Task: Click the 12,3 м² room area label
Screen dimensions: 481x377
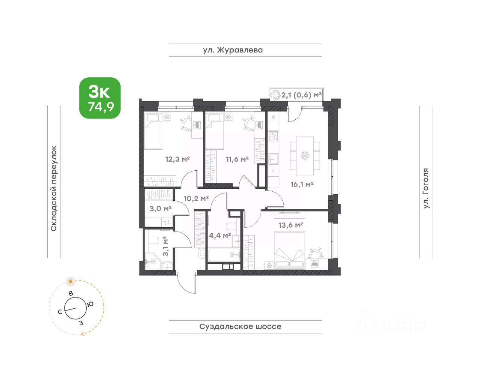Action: [177, 159]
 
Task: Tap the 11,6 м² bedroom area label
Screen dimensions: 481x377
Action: [237, 159]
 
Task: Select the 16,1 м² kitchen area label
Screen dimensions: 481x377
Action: [302, 184]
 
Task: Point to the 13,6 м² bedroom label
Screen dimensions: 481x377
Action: [290, 225]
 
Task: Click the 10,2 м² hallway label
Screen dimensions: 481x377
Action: [196, 198]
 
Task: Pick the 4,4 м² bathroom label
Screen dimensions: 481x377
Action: [220, 236]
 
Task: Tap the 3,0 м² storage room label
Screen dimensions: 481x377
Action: [161, 208]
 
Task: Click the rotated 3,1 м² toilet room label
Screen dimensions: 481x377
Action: [165, 246]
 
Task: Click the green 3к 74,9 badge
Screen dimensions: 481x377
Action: [100, 98]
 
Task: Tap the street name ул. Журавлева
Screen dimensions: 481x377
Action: [233, 50]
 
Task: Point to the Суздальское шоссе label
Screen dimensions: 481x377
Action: [240, 326]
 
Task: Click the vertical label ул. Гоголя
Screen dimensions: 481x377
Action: [426, 188]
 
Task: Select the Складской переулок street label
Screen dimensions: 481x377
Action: [54, 188]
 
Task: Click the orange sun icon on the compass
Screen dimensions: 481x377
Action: [71, 281]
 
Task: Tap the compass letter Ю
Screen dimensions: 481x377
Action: [90, 304]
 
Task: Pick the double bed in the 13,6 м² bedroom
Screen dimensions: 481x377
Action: [289, 251]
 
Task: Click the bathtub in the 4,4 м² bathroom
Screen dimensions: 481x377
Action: [224, 255]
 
